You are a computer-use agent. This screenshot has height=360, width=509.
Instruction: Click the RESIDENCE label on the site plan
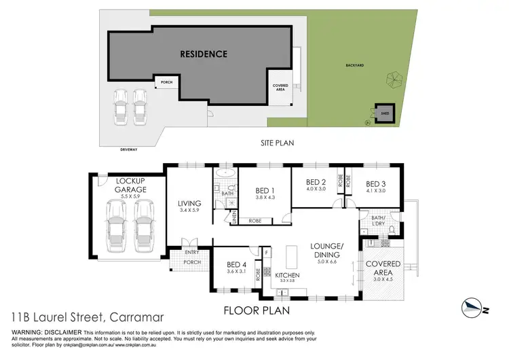point(203,54)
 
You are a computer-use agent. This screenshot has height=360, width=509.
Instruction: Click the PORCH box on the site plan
point(166,83)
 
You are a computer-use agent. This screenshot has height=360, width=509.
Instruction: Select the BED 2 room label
point(316,182)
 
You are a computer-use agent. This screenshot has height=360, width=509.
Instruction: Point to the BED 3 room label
point(377,183)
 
